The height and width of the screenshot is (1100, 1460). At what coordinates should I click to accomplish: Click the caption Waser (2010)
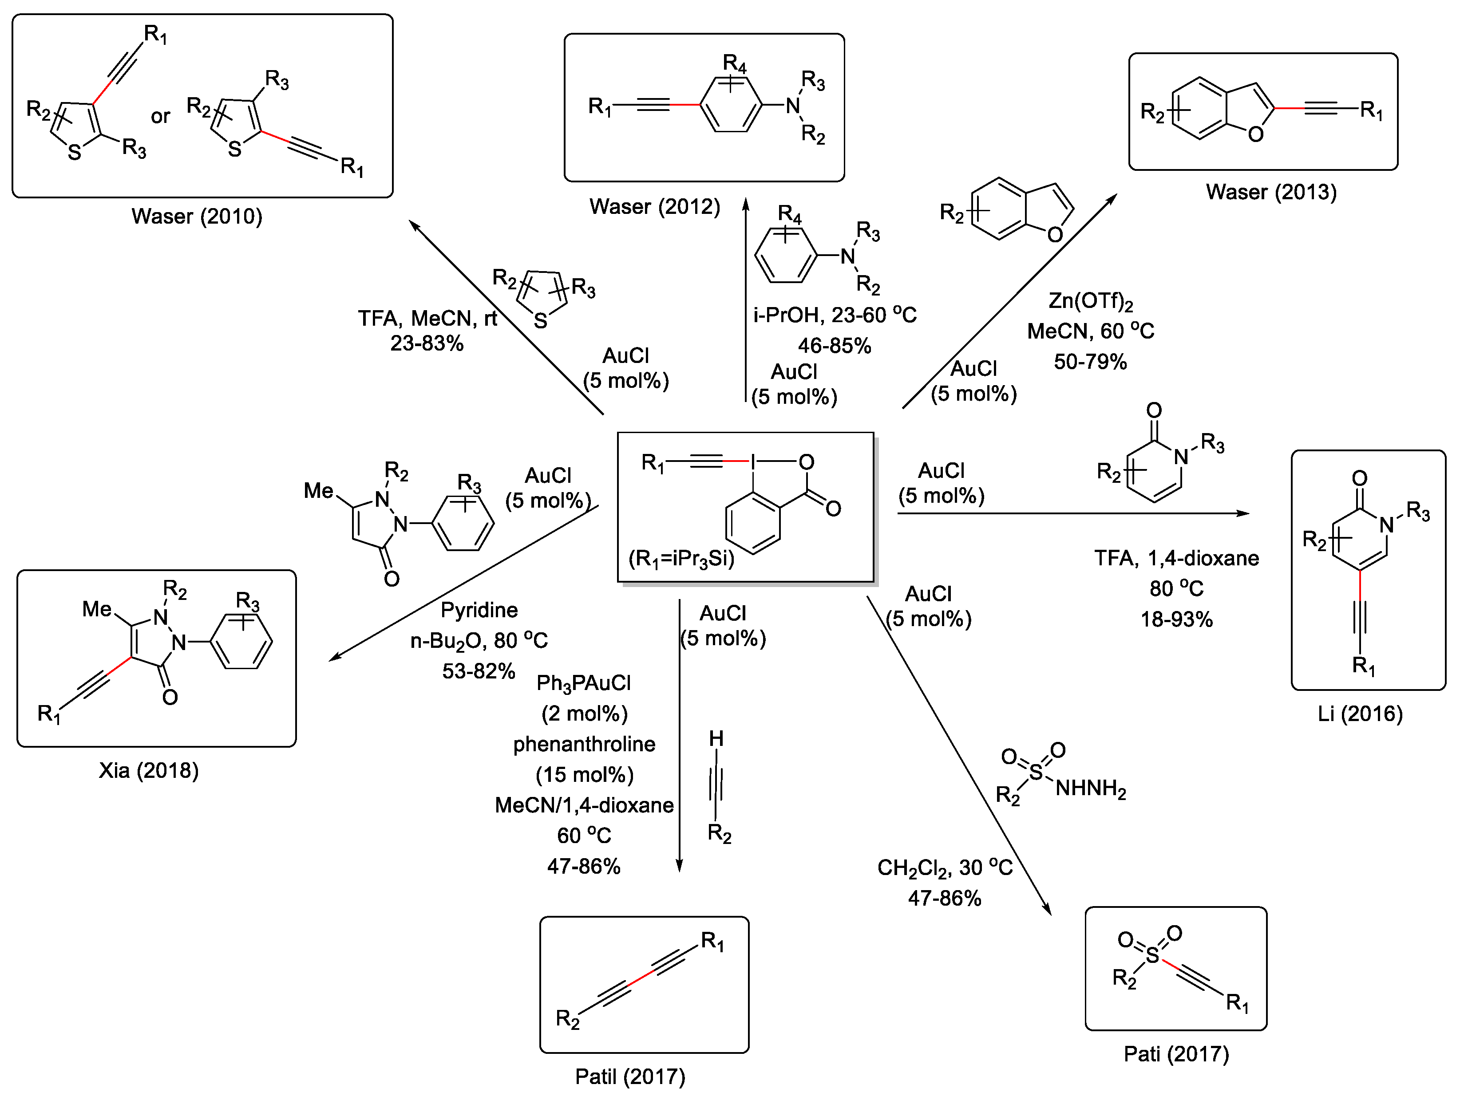tap(197, 217)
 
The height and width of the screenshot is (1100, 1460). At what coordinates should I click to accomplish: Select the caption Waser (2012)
tap(654, 206)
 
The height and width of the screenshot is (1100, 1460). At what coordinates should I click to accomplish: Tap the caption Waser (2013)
tap(1270, 192)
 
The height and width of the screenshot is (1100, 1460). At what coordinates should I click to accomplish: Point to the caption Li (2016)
tap(1360, 714)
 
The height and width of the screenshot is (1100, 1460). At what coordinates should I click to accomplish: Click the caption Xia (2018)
tap(149, 770)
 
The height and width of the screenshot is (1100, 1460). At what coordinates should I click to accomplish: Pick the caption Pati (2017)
tap(1176, 1054)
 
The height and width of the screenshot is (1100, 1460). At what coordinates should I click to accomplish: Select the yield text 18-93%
tap(1176, 619)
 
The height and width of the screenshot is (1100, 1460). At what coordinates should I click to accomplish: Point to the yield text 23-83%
tap(427, 343)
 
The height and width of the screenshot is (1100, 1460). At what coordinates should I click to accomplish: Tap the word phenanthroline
tap(584, 744)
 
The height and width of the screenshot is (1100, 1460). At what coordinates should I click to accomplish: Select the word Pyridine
tap(479, 610)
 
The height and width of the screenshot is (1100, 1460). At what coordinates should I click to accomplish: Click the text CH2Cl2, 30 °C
tap(944, 867)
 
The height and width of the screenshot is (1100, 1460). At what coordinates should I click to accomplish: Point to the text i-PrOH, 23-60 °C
tap(834, 315)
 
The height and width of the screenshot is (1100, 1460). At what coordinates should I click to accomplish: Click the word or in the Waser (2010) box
tap(160, 117)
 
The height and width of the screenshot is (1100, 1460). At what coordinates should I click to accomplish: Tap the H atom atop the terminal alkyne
tap(716, 738)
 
